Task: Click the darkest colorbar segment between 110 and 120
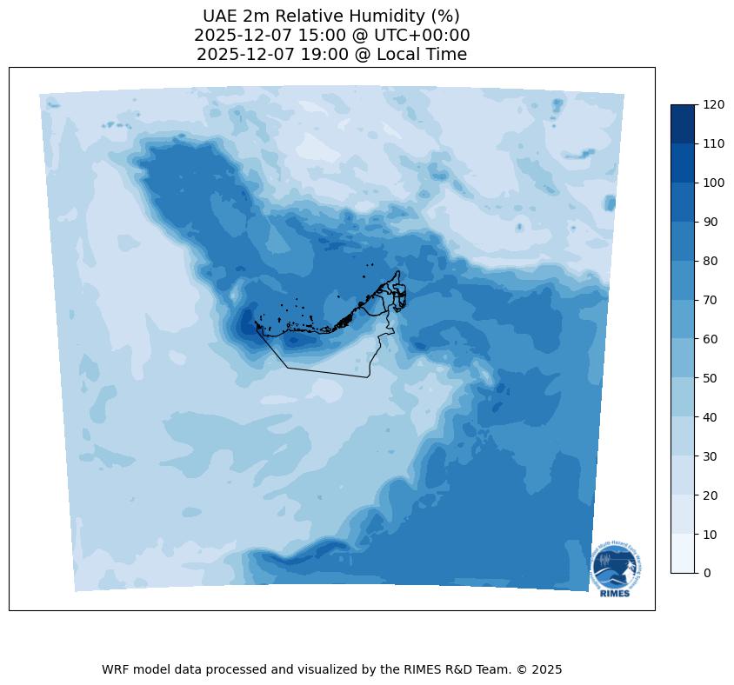pos(684,124)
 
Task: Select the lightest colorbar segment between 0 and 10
pos(684,553)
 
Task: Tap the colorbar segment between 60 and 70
pos(684,319)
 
